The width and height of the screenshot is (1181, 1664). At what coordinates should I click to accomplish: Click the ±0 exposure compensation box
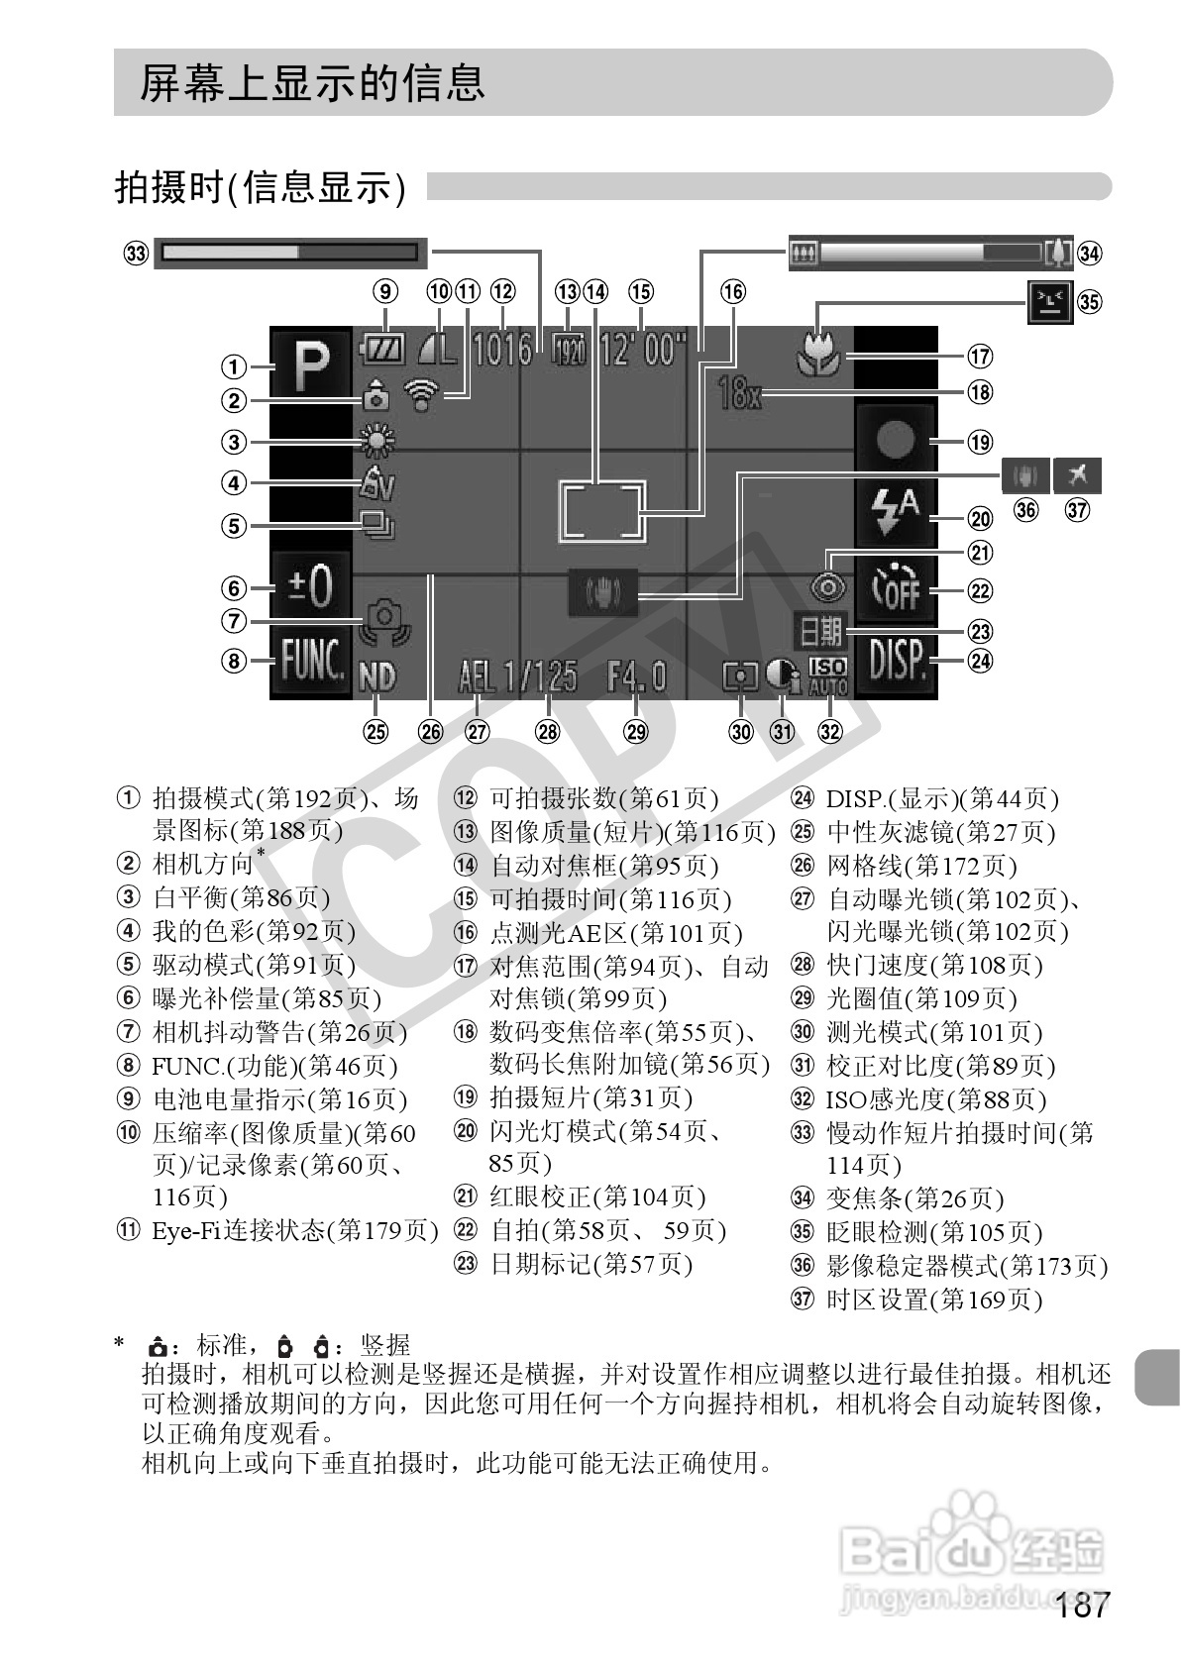[x=310, y=587]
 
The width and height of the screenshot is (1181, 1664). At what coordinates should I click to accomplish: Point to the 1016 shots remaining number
[x=502, y=350]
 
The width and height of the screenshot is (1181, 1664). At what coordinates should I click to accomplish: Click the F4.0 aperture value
[x=637, y=677]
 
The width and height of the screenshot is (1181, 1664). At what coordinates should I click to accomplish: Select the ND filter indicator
[x=377, y=677]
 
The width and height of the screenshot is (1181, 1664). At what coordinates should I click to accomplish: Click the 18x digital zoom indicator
[x=741, y=396]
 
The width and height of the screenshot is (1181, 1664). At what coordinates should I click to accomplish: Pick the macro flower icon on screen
[x=819, y=351]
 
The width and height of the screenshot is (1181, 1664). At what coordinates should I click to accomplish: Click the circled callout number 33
[x=136, y=254]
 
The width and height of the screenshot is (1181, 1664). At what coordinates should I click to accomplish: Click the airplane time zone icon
[x=1078, y=476]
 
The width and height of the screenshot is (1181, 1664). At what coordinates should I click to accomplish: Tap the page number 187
[x=1084, y=1606]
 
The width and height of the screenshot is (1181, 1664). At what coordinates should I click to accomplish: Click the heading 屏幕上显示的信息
[x=312, y=83]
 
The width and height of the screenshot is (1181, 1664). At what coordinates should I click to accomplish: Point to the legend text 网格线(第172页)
[x=921, y=867]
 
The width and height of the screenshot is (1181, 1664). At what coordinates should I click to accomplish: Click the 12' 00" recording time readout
[x=643, y=350]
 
